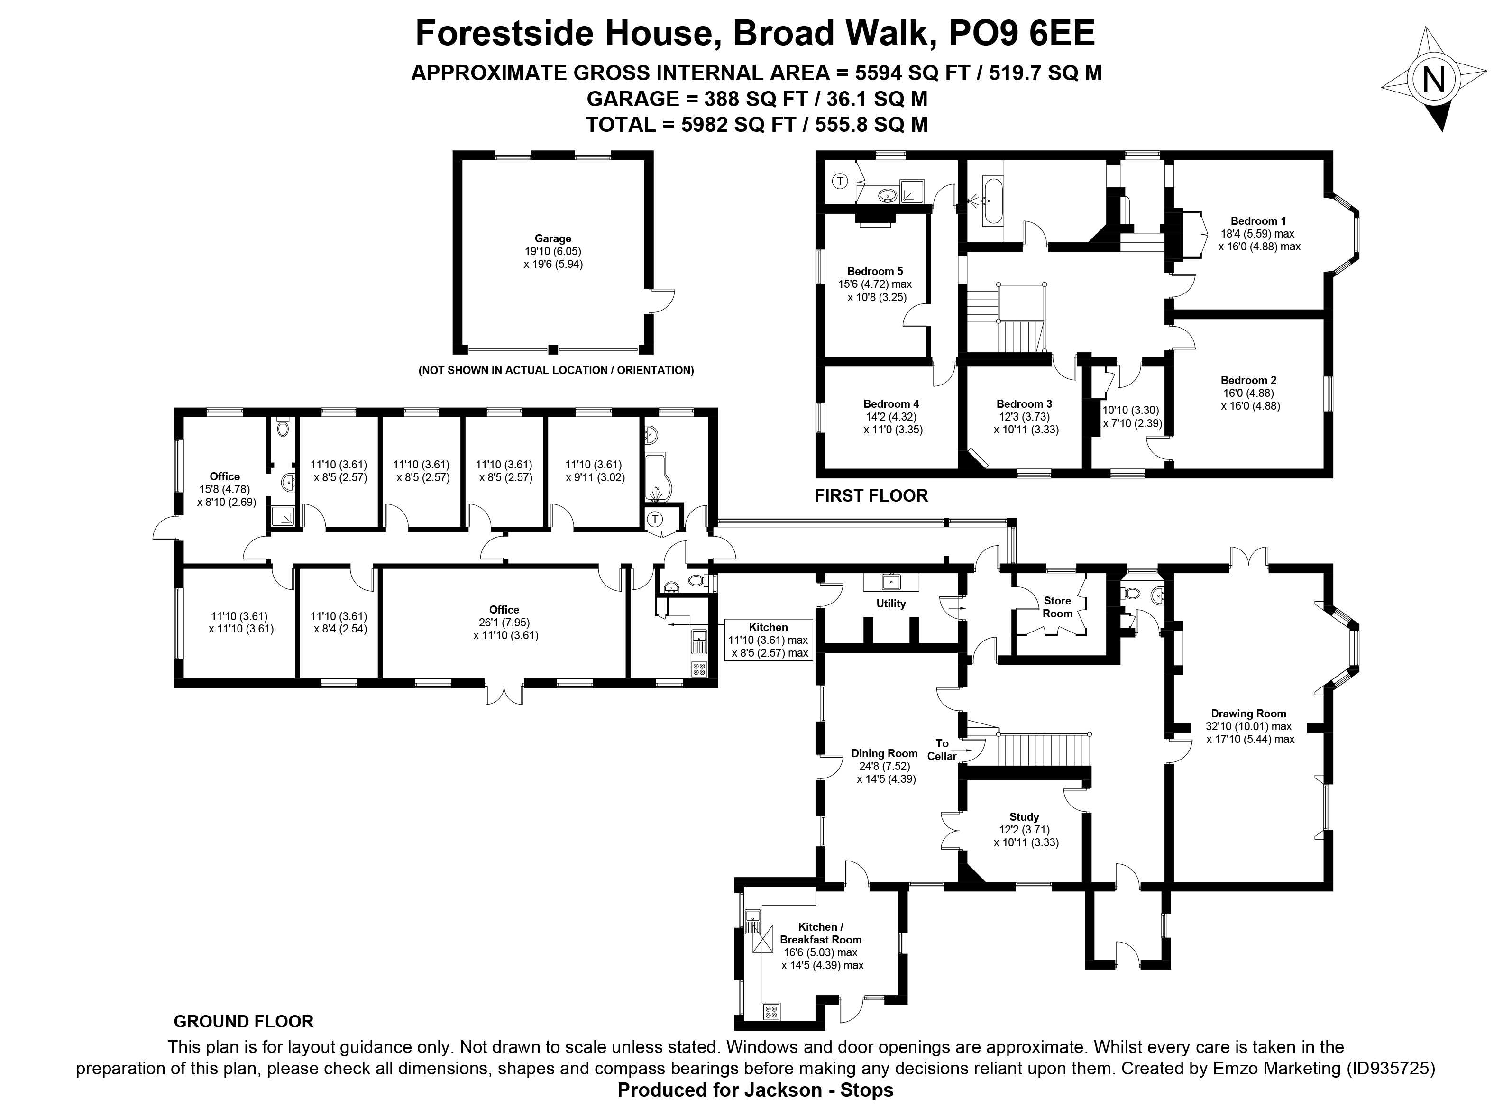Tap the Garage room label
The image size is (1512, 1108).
(553, 238)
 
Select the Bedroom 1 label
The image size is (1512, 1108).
(1258, 220)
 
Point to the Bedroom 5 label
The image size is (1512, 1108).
(875, 271)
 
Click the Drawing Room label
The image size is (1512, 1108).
(1248, 714)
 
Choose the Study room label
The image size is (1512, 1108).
(1024, 817)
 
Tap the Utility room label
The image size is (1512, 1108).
(891, 604)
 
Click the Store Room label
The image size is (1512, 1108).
(1058, 607)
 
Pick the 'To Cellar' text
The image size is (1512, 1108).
(942, 749)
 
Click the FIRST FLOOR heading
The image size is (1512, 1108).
(871, 495)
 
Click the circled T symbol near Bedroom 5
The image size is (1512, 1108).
(840, 181)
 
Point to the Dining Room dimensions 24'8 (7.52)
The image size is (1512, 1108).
(886, 766)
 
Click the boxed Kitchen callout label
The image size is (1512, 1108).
(769, 640)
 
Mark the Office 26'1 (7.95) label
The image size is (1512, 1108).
(504, 623)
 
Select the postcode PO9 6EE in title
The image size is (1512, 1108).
(1022, 34)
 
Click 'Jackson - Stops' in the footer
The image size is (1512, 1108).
(819, 1090)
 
